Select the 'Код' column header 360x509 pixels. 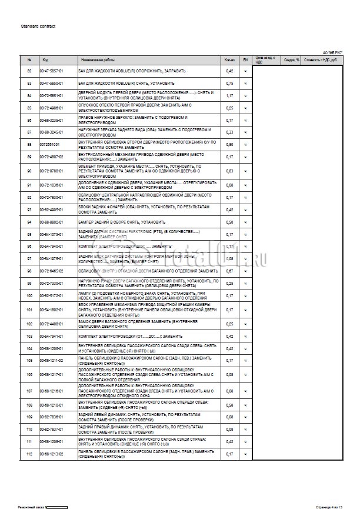[x=45, y=60]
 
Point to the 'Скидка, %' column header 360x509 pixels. [x=292, y=60]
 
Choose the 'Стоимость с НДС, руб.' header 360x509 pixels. [x=321, y=60]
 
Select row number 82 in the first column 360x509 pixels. [x=29, y=71]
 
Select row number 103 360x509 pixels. [x=29, y=336]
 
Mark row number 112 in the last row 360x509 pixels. [x=29, y=454]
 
